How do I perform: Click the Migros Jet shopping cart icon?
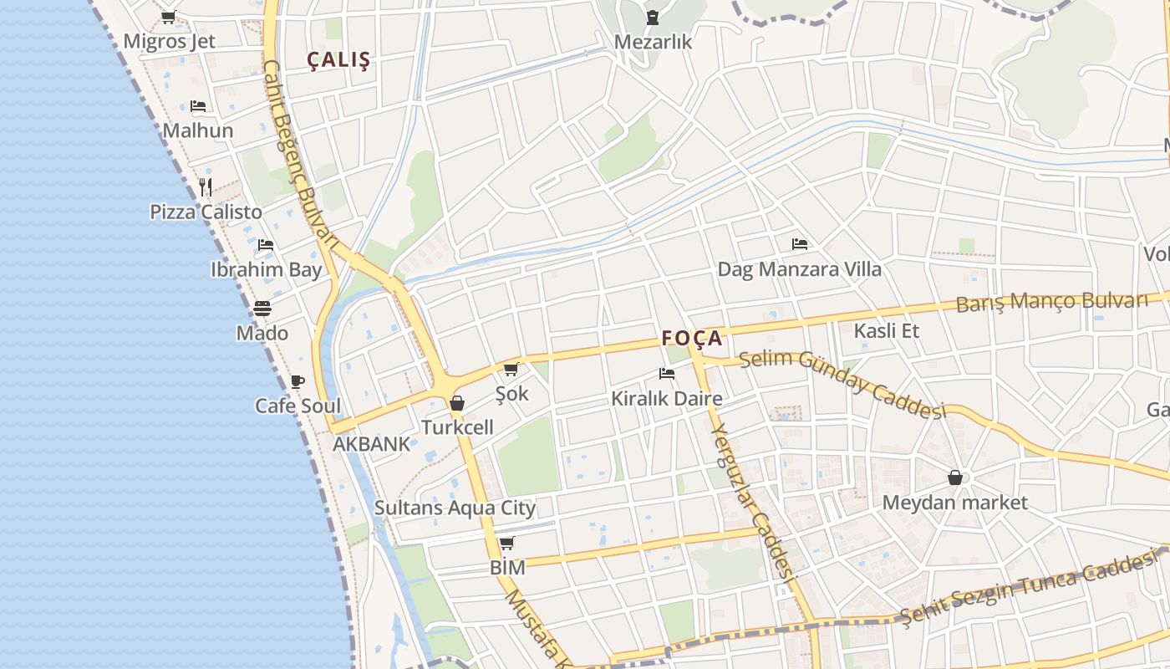tap(169, 17)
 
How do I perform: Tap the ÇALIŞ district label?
tap(338, 59)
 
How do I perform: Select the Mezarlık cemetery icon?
tap(653, 17)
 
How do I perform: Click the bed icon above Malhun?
tap(198, 106)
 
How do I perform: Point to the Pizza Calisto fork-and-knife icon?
tap(206, 186)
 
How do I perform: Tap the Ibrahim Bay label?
tap(266, 269)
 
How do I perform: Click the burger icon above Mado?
tap(262, 308)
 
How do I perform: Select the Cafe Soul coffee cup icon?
tap(297, 381)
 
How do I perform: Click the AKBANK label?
tap(372, 444)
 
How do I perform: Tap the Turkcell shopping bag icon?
tap(457, 403)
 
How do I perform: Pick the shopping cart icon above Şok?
tap(511, 369)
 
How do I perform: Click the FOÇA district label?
tap(691, 338)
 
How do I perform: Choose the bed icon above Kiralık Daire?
tap(666, 374)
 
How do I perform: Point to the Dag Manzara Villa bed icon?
tap(800, 244)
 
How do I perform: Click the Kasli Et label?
tap(886, 330)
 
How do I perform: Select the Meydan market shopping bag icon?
tap(955, 477)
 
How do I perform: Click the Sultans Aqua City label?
tap(455, 508)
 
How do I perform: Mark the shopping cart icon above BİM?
tap(507, 543)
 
